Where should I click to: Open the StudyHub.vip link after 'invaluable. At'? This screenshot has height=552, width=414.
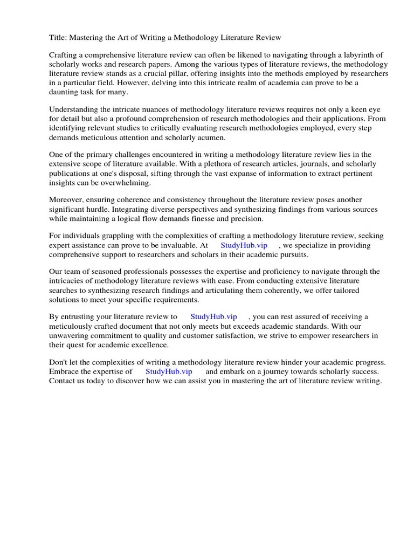click(x=244, y=245)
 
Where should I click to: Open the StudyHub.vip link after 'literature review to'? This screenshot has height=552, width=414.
click(x=213, y=317)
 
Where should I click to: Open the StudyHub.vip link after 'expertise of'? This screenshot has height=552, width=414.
click(x=169, y=372)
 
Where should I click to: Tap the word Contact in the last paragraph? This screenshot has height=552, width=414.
click(x=63, y=381)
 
